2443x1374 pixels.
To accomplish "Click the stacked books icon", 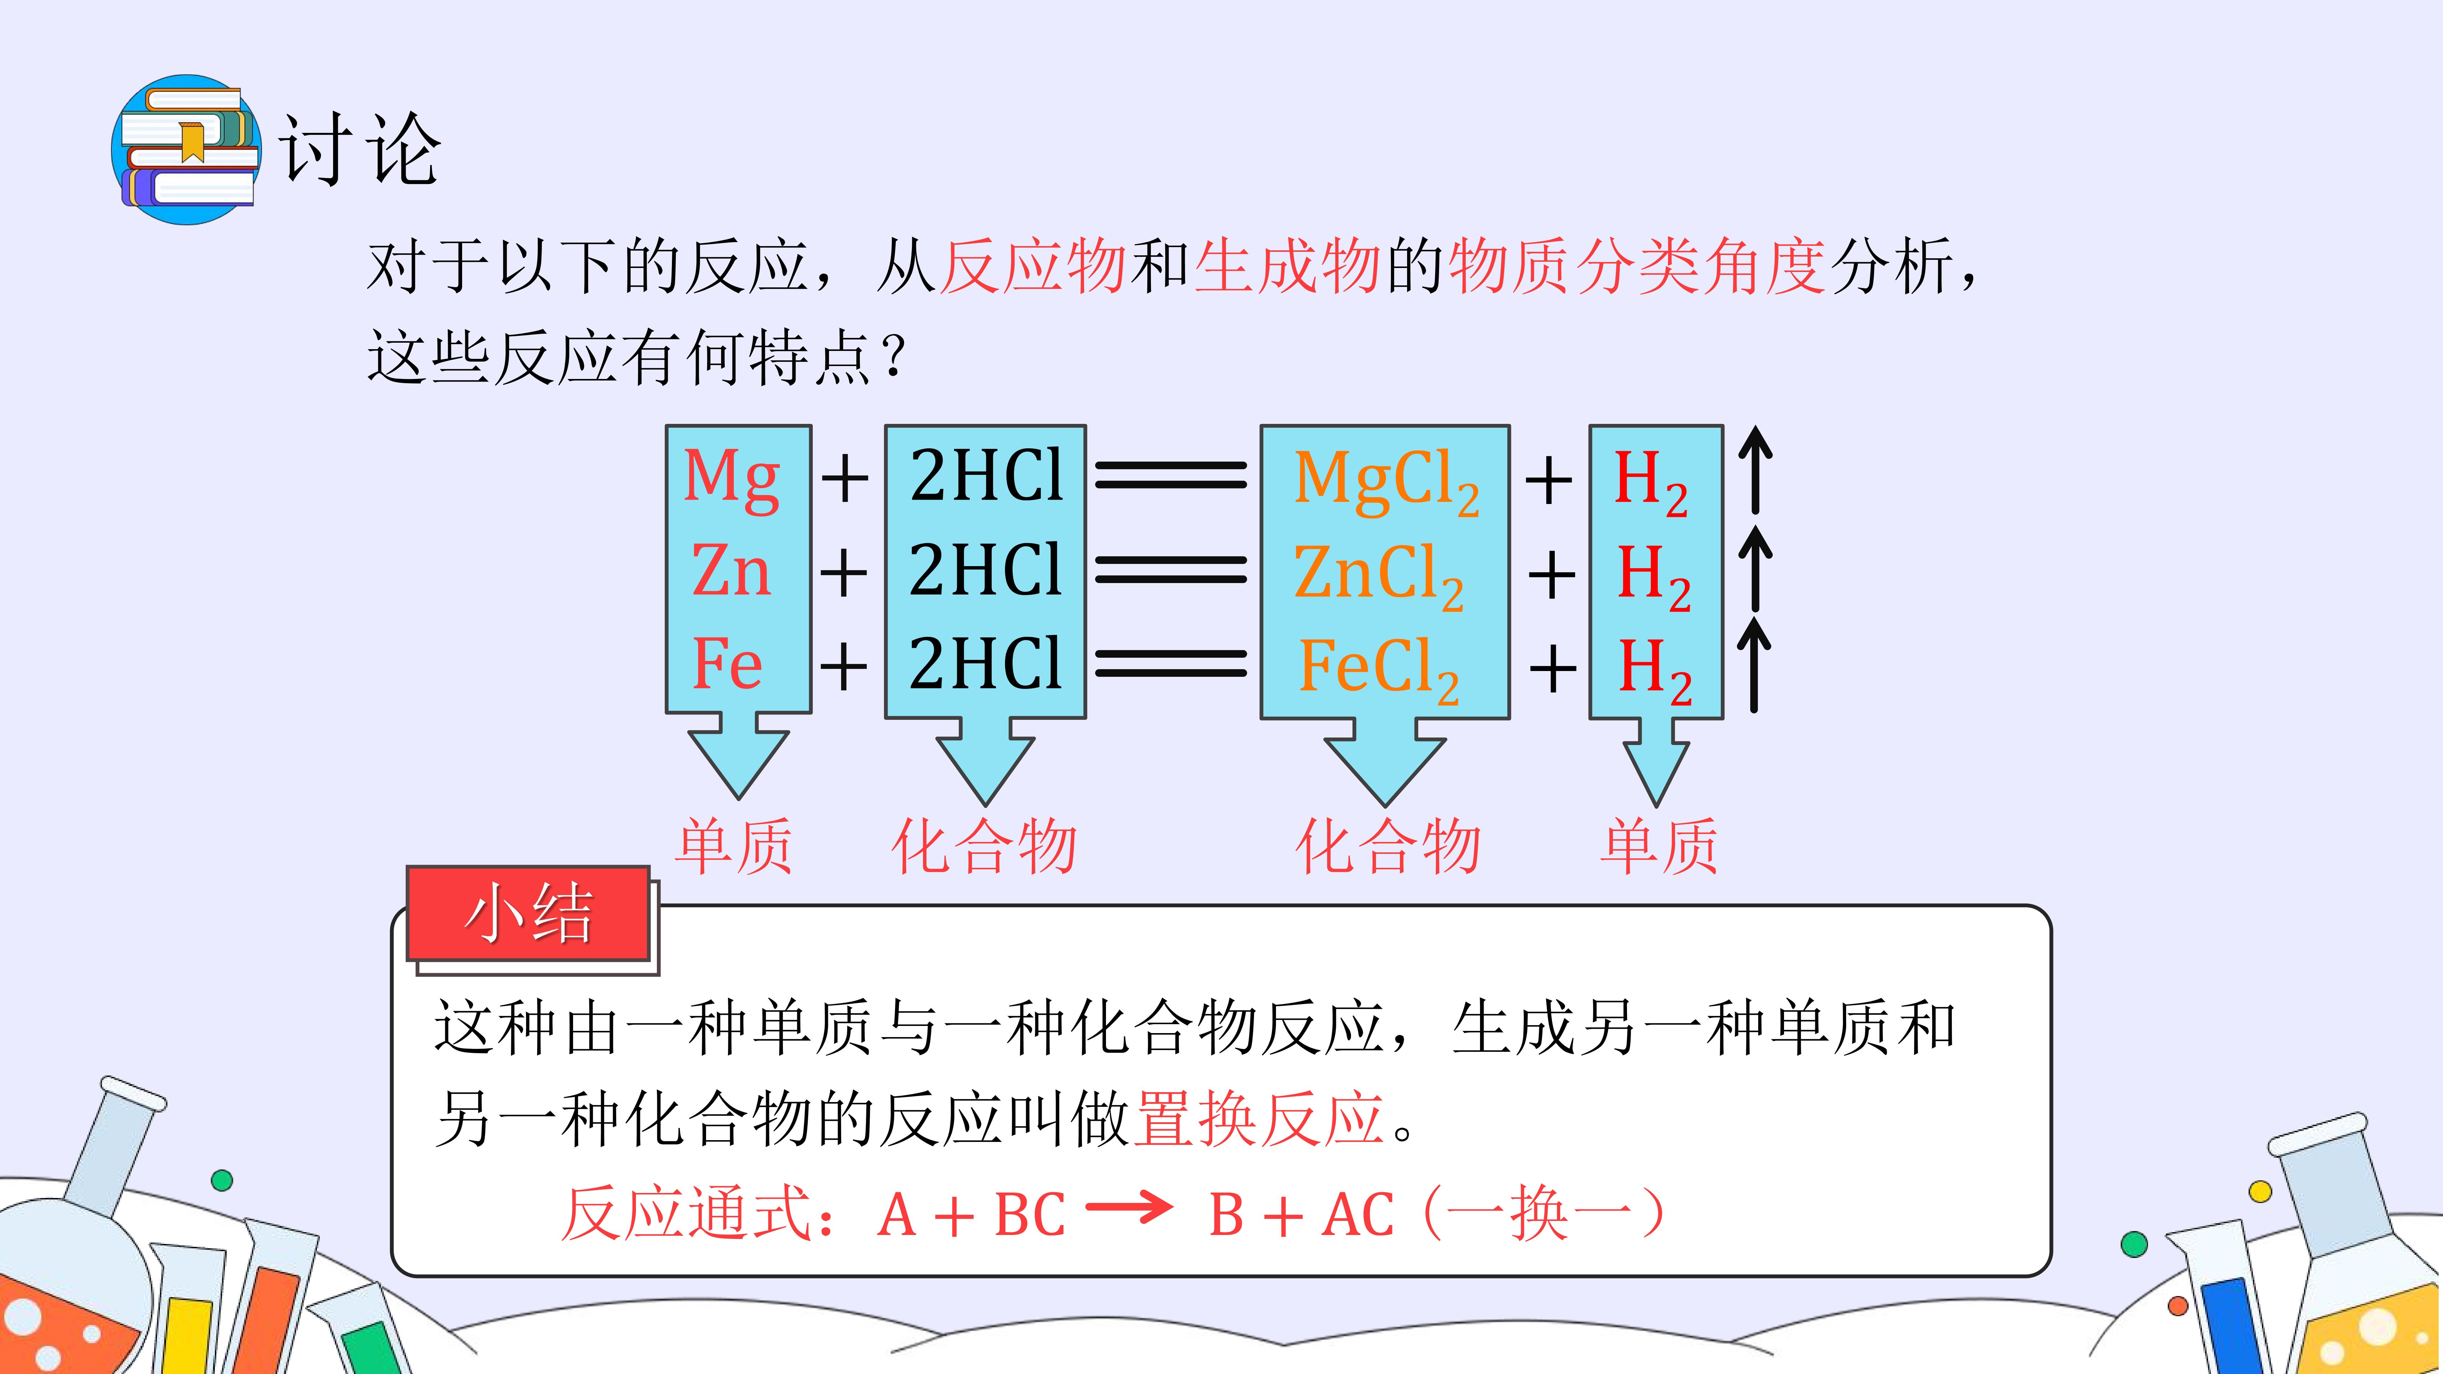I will coord(187,150).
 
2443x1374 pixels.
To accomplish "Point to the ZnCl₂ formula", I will coord(1378,574).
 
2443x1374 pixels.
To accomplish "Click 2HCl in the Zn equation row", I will coord(985,571).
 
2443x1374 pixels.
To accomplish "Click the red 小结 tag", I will coord(528,913).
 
